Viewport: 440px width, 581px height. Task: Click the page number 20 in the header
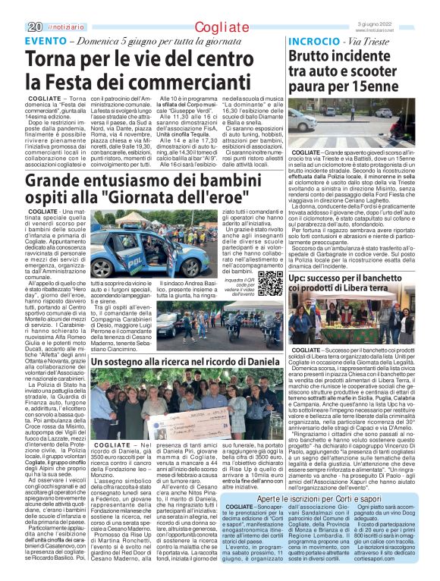point(12,7)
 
